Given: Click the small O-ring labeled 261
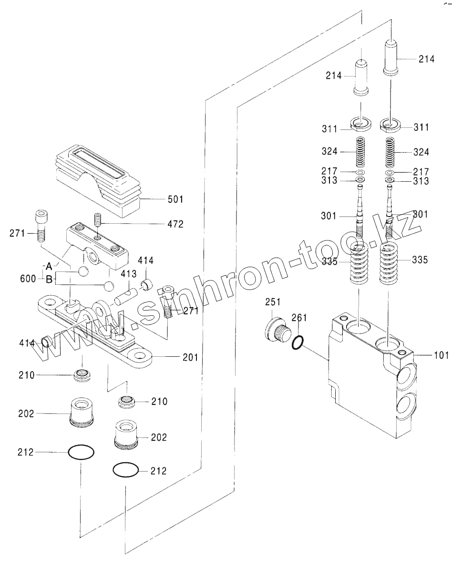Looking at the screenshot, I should pyautogui.click(x=297, y=342).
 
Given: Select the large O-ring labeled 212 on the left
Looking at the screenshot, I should pyautogui.click(x=82, y=452).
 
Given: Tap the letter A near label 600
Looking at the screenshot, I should pyautogui.click(x=49, y=266).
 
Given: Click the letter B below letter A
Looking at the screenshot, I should pyautogui.click(x=49, y=280).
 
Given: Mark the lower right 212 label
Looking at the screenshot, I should pyautogui.click(x=158, y=471).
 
